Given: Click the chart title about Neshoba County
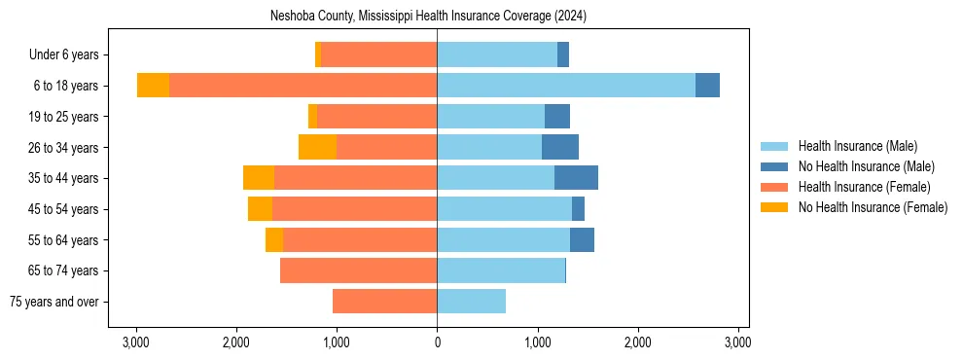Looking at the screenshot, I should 428,17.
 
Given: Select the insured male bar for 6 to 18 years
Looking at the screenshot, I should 566,86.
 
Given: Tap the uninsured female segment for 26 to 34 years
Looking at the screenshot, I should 317,147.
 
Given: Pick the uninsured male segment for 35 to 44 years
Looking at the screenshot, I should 576,178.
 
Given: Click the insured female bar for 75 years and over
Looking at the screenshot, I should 384,302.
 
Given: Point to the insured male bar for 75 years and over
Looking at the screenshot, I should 471,302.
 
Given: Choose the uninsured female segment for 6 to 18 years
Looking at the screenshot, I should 153,86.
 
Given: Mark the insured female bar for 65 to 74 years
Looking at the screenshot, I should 358,270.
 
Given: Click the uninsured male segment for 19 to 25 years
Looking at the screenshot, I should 557,117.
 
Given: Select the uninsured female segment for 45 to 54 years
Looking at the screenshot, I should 260,209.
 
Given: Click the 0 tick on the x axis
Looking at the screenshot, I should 437,342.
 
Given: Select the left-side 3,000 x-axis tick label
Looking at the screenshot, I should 136,342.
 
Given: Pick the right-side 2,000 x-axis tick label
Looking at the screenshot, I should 638,342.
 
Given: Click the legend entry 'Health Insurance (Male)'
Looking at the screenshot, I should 856,146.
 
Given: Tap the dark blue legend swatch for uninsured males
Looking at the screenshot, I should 775,166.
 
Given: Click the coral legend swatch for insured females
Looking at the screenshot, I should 775,187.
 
